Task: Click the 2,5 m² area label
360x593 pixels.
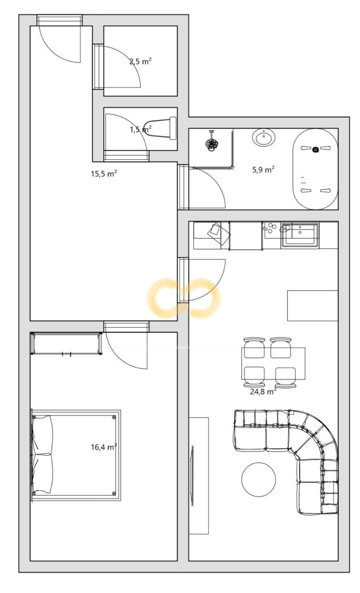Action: tap(141, 62)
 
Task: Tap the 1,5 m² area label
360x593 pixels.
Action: tap(141, 129)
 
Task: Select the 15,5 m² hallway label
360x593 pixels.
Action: tap(104, 174)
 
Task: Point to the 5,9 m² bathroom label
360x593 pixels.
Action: tap(263, 169)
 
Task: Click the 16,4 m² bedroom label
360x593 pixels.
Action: tap(104, 447)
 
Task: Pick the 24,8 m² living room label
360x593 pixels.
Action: tap(263, 391)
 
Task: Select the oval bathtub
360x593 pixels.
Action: tap(315, 169)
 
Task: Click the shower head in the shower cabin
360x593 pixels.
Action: tap(212, 143)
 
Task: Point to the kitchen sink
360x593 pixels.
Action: tap(300, 235)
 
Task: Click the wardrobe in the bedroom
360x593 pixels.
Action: tap(66, 344)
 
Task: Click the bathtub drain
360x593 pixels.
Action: tap(315, 150)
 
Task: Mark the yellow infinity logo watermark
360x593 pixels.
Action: tap(184, 298)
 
